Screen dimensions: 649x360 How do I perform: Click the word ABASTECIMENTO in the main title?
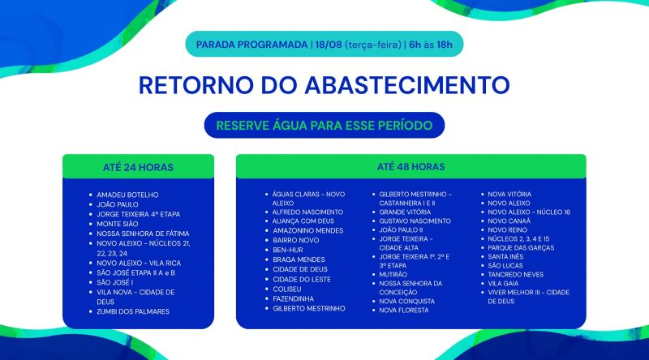tap(407, 85)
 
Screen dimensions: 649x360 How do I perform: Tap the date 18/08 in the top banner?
tap(329, 45)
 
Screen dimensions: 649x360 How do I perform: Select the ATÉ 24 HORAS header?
tap(138, 167)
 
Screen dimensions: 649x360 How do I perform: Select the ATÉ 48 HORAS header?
tap(411, 167)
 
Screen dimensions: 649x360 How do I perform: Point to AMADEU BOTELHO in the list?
tap(127, 195)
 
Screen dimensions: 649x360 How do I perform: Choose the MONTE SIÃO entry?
tap(118, 224)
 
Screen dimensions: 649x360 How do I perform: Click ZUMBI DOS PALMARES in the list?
tap(133, 311)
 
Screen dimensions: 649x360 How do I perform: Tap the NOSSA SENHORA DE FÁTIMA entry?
tap(143, 234)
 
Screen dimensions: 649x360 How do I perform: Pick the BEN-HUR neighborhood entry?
tap(288, 250)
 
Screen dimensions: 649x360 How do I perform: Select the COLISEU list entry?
tap(287, 289)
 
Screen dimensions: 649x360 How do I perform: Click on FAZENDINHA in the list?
tap(293, 298)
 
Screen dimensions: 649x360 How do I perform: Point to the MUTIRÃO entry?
tap(393, 274)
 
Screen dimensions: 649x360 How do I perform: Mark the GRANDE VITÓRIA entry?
tap(405, 212)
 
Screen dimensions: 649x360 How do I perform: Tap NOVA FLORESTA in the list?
tap(404, 310)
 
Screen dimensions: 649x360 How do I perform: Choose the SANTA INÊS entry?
tap(505, 256)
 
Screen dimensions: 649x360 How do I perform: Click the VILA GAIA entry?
tap(503, 284)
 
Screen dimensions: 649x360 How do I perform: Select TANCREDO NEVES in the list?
tap(515, 274)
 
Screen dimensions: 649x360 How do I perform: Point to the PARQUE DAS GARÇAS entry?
tap(521, 247)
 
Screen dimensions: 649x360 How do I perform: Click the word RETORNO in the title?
tap(196, 85)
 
